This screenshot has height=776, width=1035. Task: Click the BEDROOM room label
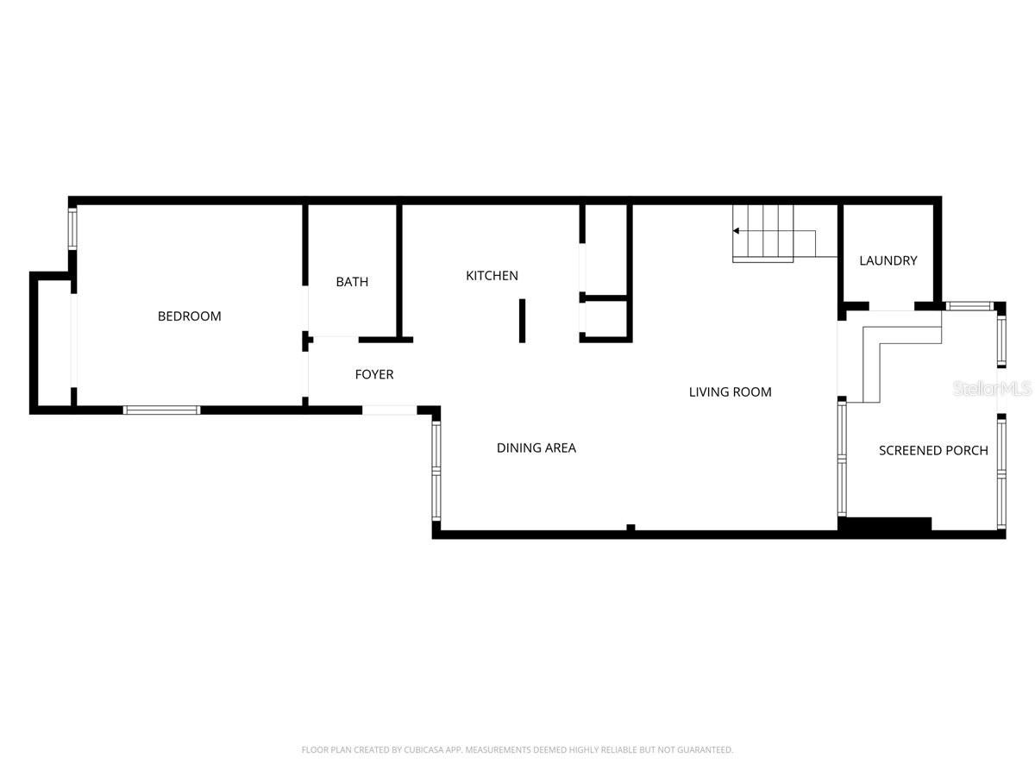coord(189,316)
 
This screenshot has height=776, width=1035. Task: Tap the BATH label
coord(352,282)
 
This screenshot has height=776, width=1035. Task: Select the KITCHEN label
coord(492,276)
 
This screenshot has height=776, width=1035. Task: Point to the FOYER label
coord(374,374)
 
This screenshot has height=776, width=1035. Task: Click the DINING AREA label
coord(536,447)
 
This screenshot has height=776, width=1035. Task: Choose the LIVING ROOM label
coord(730,392)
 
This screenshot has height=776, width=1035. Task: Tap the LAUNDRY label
coord(888,260)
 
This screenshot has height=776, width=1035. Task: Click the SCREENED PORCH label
coord(933,450)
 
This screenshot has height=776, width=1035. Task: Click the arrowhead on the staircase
coord(737,231)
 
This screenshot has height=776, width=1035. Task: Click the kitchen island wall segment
coord(522,321)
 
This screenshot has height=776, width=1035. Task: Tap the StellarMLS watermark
coord(991,390)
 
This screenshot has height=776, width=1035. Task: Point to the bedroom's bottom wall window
coord(162,410)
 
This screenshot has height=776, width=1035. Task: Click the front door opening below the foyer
coord(389,410)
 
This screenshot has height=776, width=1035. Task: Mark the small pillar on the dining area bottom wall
coord(630,528)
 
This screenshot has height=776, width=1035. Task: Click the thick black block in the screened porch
coord(887,523)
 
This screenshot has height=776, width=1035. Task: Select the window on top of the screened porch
coord(969,306)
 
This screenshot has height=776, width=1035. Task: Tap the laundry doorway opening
coord(891,306)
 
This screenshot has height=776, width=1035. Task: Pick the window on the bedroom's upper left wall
coord(73,228)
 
